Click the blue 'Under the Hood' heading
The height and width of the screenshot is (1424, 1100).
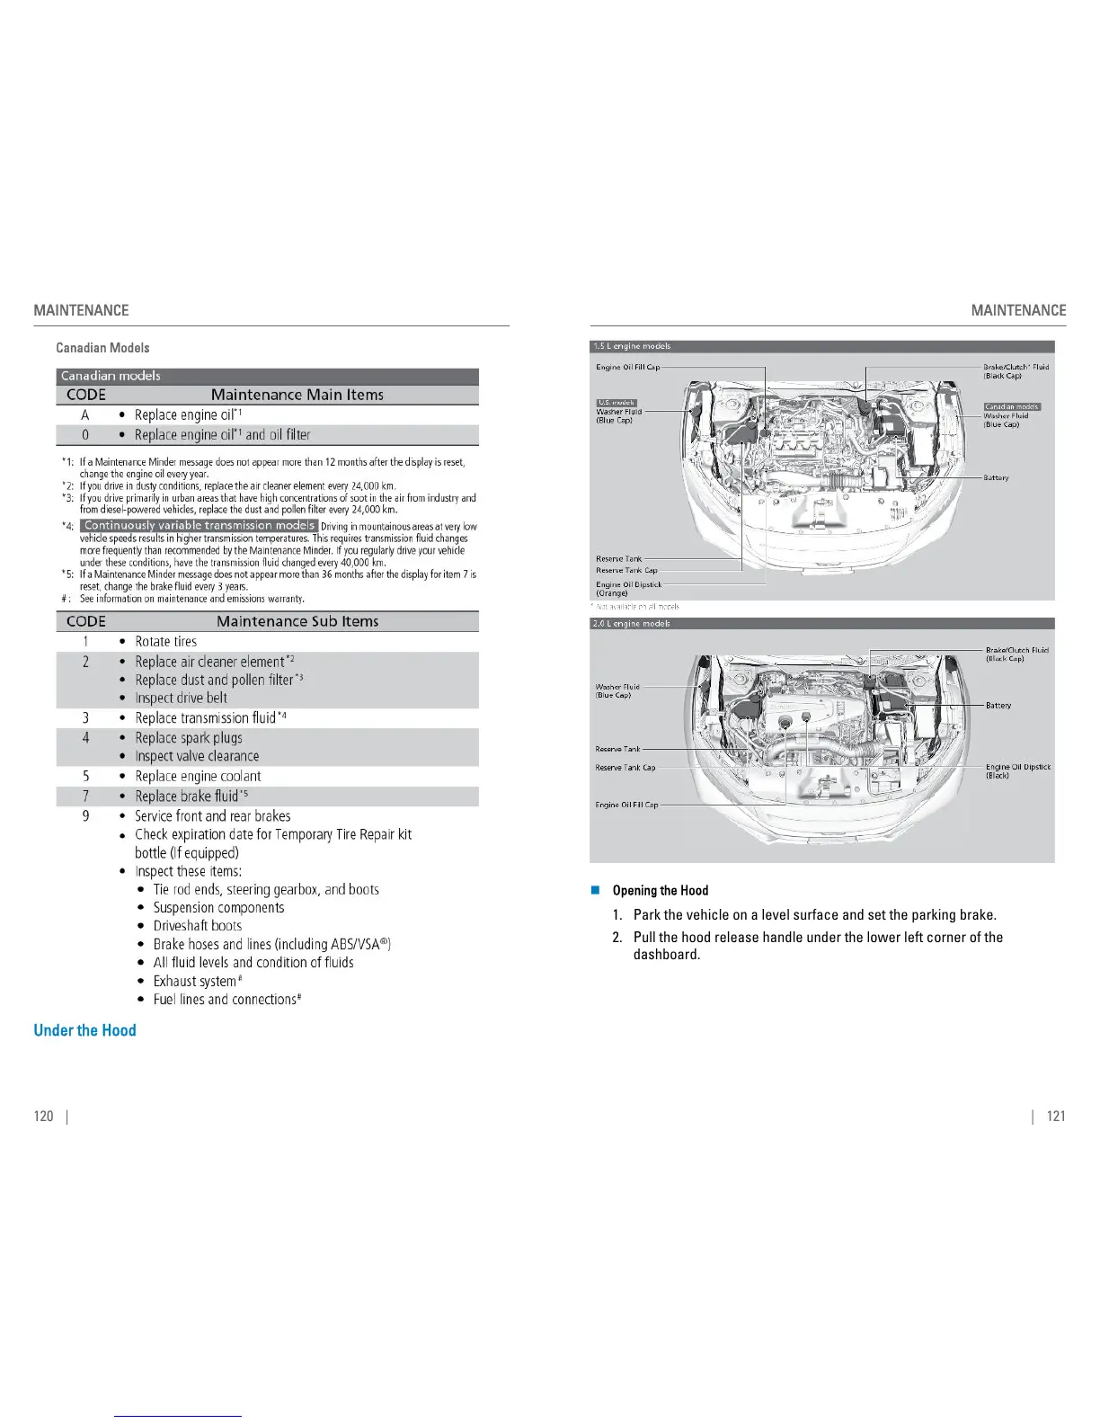[84, 1030]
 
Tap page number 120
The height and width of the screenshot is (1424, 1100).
[43, 1116]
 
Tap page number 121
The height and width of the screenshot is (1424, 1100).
[1056, 1116]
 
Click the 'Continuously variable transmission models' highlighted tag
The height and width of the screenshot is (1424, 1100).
[200, 525]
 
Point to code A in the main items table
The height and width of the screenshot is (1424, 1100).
[85, 414]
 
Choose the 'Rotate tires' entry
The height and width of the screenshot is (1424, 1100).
[165, 641]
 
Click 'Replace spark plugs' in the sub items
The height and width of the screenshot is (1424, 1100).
[189, 737]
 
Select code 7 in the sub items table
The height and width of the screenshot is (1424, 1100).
[85, 796]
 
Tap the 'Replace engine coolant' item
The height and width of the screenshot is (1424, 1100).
[198, 776]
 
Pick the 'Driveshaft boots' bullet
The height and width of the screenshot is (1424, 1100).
[197, 925]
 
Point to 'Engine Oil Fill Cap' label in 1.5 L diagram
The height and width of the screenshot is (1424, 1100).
[627, 367]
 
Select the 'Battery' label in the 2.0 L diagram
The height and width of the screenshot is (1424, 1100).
[998, 706]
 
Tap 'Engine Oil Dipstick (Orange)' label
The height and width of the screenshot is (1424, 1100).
[628, 588]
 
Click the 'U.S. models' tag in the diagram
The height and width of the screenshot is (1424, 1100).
[617, 403]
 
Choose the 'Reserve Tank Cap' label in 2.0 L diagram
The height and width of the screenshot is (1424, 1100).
[625, 768]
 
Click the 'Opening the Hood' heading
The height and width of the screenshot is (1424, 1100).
[660, 890]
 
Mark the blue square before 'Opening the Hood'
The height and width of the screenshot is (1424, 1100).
[595, 890]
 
